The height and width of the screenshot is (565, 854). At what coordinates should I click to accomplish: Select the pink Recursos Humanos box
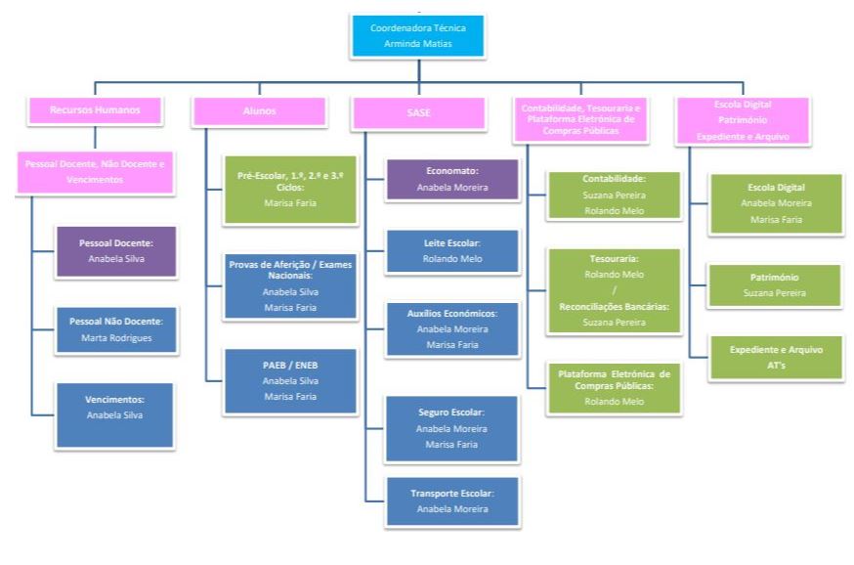coord(95,110)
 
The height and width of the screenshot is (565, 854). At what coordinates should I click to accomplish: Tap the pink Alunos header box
coord(258,111)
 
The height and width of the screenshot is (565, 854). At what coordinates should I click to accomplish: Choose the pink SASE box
coord(419,112)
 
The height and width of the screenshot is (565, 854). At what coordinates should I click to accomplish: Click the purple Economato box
coord(451,179)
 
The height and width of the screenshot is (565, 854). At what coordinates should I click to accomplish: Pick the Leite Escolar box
coord(451,250)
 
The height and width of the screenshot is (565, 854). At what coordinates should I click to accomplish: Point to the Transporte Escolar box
coord(451,501)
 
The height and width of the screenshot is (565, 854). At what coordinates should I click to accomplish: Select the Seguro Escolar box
coord(451,428)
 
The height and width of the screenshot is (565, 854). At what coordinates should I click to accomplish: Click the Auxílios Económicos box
coord(451,328)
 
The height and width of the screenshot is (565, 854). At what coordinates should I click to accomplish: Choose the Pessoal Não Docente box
coord(115,329)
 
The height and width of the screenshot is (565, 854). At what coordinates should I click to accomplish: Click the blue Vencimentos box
coord(115,408)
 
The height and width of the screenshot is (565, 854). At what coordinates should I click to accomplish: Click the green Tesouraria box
coord(613,289)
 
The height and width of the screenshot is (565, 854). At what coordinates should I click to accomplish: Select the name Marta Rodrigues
coord(115,338)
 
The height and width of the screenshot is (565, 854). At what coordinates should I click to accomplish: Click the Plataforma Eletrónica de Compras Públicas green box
coord(613,387)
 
